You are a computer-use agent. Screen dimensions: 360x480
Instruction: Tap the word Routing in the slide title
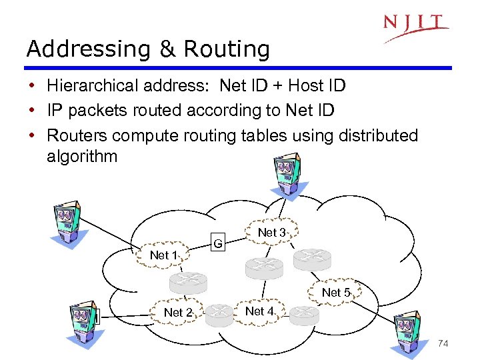point(227,49)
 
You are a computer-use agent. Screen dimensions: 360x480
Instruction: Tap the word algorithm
point(82,157)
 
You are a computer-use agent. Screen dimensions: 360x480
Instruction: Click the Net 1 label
point(164,255)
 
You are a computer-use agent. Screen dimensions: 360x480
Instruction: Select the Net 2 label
point(178,313)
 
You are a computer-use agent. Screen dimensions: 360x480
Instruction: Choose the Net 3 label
point(271,233)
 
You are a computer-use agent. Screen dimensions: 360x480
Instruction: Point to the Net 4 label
point(259,311)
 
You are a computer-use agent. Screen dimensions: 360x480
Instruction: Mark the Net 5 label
point(336,293)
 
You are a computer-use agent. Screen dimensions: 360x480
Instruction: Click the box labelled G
point(218,243)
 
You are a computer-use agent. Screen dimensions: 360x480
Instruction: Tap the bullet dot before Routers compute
point(32,136)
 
